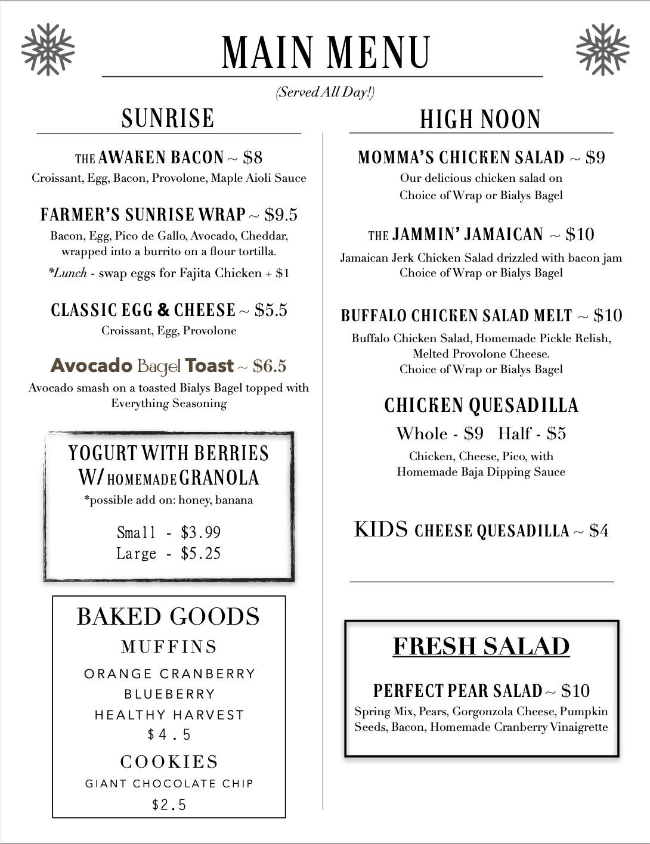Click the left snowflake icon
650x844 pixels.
[48, 49]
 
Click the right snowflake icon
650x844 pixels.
[602, 49]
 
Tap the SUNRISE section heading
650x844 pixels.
[168, 118]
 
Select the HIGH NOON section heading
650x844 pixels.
[481, 119]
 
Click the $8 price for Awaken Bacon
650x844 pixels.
[253, 157]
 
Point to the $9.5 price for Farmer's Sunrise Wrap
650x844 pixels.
[281, 215]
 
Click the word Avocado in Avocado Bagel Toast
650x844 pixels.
[91, 365]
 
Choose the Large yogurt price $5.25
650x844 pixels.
[201, 554]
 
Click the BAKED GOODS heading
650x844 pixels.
[168, 617]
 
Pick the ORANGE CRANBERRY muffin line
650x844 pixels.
[169, 674]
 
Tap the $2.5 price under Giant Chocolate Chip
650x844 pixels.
[169, 805]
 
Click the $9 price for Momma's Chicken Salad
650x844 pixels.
[595, 157]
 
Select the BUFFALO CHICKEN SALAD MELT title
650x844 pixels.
[456, 315]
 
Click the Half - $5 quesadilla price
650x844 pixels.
[532, 433]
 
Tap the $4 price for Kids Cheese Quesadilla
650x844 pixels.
[599, 530]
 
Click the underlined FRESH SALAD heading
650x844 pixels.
[481, 647]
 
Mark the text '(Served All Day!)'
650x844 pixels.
[325, 92]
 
